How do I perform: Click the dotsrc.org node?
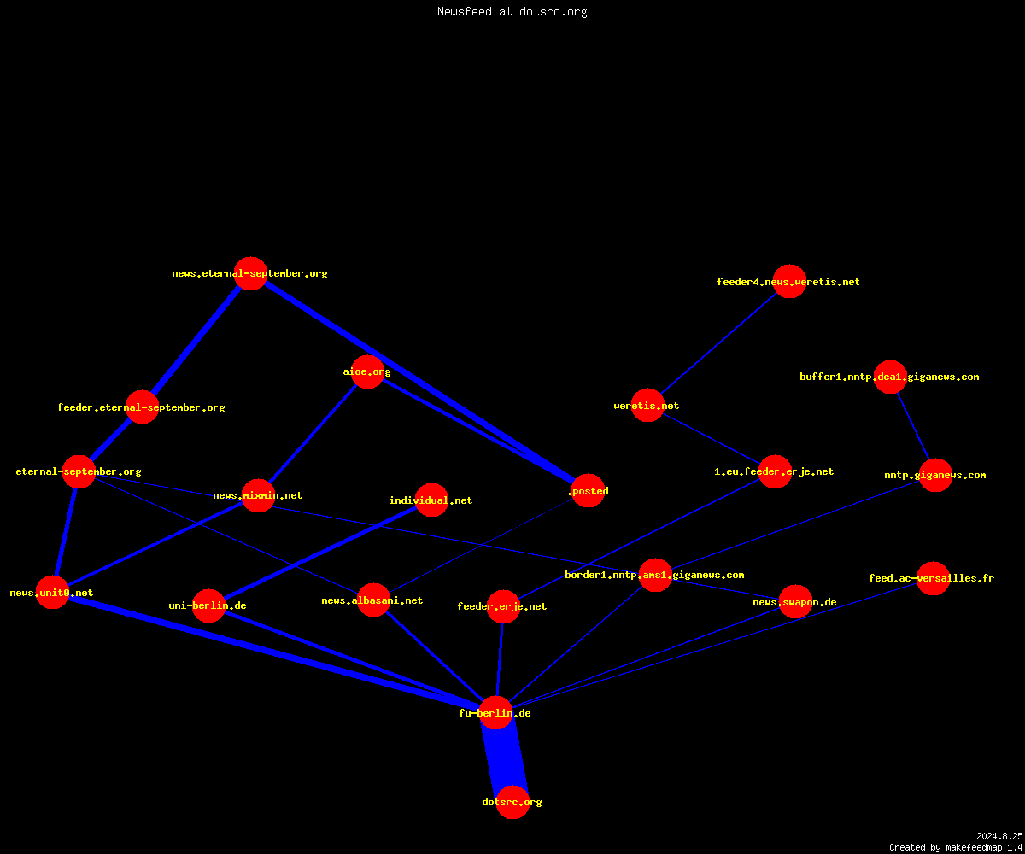pos(512,802)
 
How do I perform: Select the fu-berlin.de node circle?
pos(495,712)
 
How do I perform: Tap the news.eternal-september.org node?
pos(250,273)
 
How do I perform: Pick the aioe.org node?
pos(367,371)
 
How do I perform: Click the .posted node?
pos(588,490)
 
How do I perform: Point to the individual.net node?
pos(431,500)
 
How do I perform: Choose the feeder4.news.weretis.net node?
pos(789,281)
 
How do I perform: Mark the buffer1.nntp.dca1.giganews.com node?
pos(890,377)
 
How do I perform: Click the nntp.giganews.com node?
pos(935,475)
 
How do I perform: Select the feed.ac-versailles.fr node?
pos(933,578)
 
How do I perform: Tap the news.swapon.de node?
pos(795,602)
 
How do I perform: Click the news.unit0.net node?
pos(52,593)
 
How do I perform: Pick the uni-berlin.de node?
pos(208,605)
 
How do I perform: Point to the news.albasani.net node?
pos(373,600)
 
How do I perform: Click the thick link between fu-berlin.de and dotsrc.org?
pos(504,757)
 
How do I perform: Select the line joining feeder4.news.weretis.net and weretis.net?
pos(718,343)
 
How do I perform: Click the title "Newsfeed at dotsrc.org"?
pos(512,12)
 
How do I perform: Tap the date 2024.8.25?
pos(999,836)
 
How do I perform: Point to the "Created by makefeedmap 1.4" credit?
pos(956,847)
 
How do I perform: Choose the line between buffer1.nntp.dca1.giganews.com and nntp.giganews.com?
pos(912,426)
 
